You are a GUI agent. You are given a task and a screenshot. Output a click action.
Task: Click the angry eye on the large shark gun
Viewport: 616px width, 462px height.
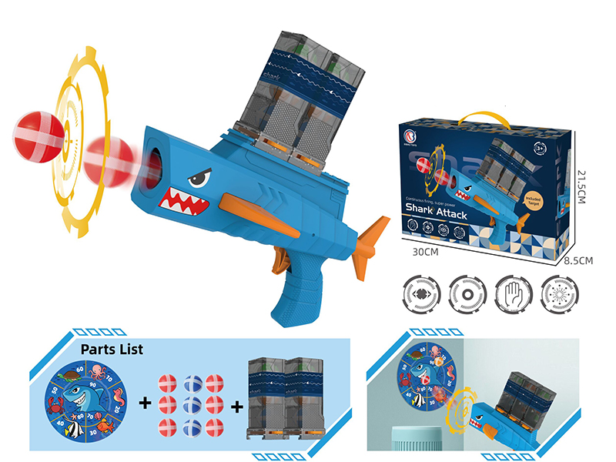(198, 180)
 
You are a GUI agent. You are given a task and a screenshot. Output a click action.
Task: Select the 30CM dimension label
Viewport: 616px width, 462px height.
(425, 253)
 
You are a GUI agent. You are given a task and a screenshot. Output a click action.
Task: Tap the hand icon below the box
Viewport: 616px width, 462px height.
(513, 293)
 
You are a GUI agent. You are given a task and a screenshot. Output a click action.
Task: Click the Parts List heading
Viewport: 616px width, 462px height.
(111, 348)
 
